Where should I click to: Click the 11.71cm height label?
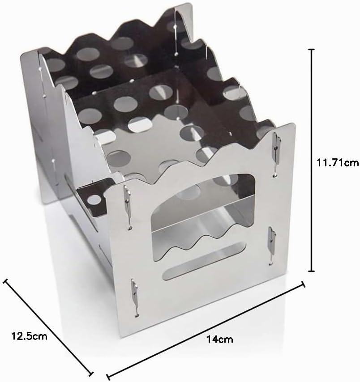[338, 162]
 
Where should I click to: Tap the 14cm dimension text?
[220, 340]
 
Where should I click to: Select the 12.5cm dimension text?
[29, 336]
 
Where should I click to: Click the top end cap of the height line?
[312, 50]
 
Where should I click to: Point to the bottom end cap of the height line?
[312, 271]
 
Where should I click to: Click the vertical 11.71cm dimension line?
[312, 160]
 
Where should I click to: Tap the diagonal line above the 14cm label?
[206, 331]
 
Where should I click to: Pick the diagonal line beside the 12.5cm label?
[48, 327]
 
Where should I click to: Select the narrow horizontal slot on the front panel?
[204, 261]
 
